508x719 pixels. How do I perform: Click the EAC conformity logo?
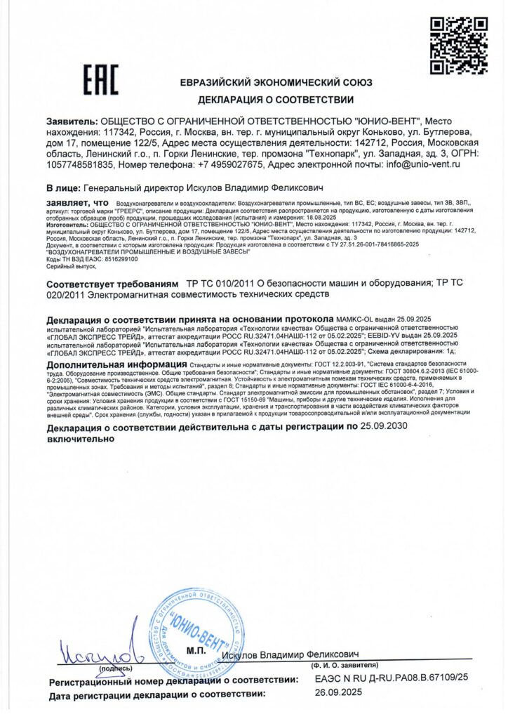point(101,80)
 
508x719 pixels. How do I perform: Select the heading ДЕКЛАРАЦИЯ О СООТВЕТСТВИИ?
point(276,100)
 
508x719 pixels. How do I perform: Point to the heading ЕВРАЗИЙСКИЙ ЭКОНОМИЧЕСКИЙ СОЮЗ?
point(276,82)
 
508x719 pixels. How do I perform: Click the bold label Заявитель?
point(72,121)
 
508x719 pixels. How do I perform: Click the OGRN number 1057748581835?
point(79,164)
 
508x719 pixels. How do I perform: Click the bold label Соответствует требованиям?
point(112,283)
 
